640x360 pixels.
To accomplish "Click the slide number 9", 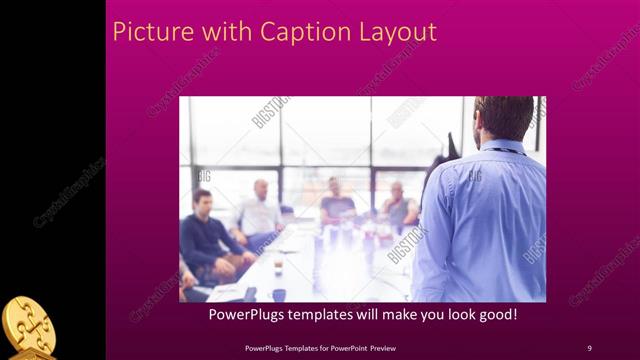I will pyautogui.click(x=589, y=347).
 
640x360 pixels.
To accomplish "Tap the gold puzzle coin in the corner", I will pyautogui.click(x=27, y=326).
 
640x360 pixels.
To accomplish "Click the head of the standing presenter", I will pyautogui.click(x=504, y=116).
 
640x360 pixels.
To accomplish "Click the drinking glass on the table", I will pyautogui.click(x=278, y=266).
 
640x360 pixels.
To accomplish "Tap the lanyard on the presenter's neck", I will pyautogui.click(x=505, y=150).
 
